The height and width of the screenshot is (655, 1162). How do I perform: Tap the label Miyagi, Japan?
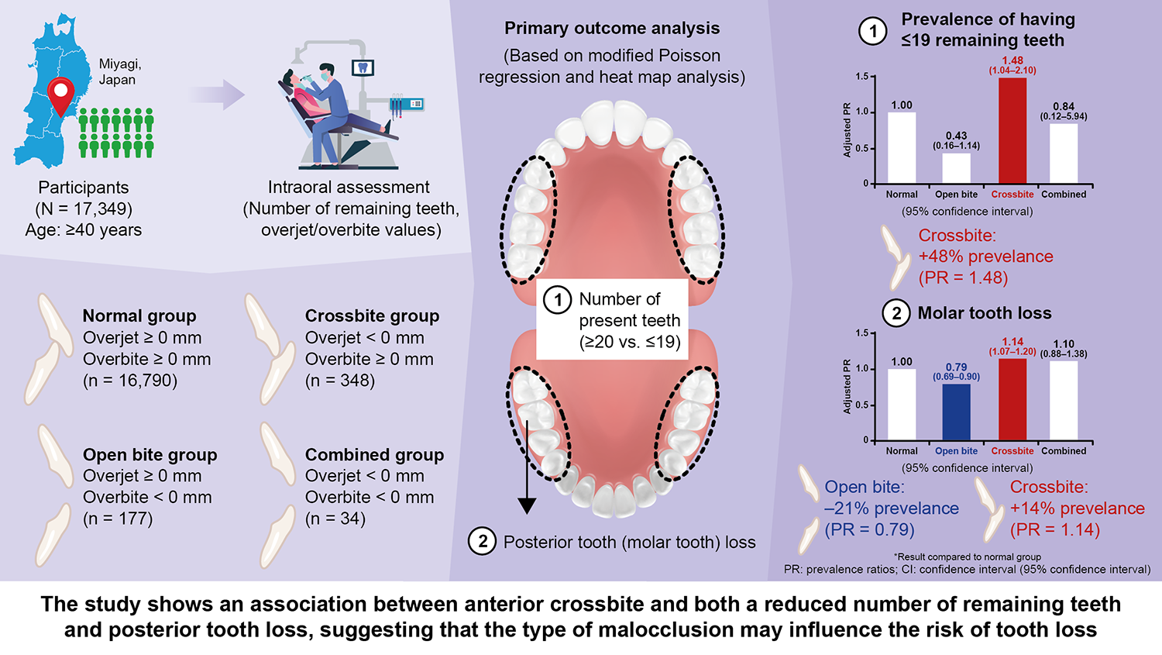(120, 72)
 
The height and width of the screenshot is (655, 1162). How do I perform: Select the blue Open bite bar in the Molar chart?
(956, 412)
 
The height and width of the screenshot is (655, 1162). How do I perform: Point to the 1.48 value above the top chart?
(1012, 60)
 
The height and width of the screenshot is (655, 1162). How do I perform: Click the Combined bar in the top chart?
(1063, 153)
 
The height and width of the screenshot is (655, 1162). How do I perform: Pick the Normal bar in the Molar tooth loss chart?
(901, 404)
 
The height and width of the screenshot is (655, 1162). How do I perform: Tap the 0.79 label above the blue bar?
(956, 367)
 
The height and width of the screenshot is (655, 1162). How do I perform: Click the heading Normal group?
(139, 316)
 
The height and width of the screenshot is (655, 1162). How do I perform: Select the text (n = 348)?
(340, 381)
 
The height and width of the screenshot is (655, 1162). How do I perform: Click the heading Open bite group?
(150, 455)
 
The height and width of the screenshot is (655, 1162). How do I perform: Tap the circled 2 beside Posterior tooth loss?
(483, 541)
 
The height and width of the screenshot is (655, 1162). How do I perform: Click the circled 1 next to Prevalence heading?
(873, 31)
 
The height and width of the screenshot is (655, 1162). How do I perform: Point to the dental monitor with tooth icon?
(363, 67)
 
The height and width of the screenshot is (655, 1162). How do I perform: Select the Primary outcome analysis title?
(612, 29)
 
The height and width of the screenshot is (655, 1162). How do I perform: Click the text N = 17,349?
(84, 209)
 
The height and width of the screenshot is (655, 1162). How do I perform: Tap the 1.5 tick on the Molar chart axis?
(861, 333)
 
